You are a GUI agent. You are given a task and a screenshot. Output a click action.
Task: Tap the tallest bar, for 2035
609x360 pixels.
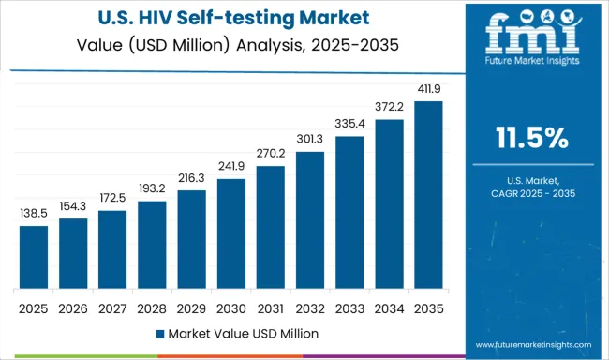[x=428, y=198]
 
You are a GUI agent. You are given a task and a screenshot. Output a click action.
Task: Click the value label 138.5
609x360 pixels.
[x=33, y=214]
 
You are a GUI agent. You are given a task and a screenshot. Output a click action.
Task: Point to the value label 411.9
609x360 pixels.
[x=428, y=89]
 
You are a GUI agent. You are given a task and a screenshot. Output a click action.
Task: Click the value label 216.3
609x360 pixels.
[x=191, y=179]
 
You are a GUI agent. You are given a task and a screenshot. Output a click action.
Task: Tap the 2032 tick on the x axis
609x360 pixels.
[x=309, y=307]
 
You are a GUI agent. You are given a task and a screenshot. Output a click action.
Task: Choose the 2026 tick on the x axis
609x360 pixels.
[x=72, y=307]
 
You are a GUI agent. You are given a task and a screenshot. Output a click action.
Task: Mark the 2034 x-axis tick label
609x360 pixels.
[x=389, y=307]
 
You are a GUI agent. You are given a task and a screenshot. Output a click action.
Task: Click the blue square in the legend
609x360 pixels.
[x=158, y=333]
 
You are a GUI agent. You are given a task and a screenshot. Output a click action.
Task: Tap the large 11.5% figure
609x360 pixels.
[x=531, y=139]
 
